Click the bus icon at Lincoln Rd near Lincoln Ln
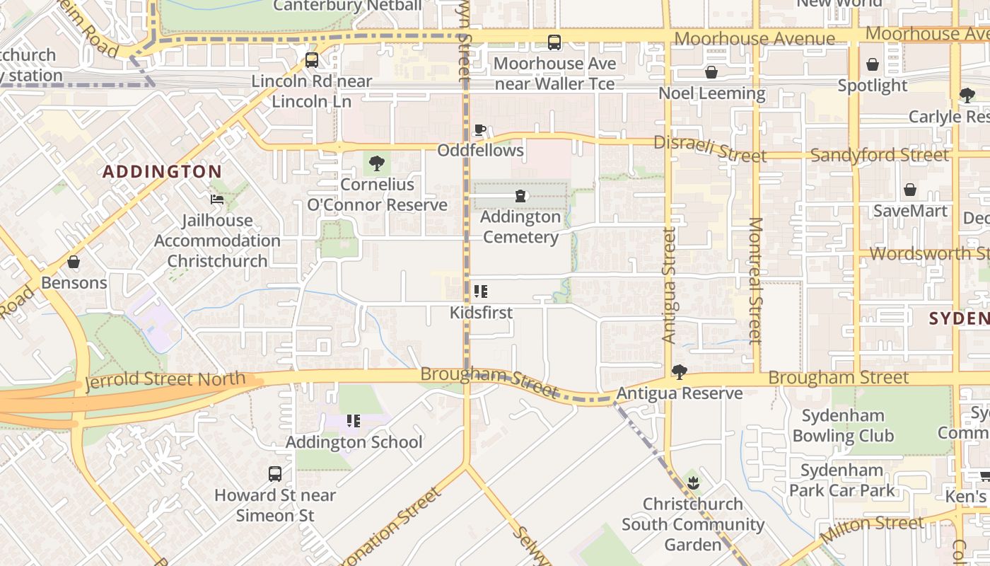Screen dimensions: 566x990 tap(312, 60)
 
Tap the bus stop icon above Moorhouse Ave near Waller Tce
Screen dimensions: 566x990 tap(554, 42)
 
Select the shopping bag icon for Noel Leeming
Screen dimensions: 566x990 tap(711, 72)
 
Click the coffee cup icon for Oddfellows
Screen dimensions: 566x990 tap(480, 129)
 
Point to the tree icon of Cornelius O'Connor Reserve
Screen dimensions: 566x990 tap(377, 163)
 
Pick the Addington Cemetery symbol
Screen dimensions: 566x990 tap(520, 196)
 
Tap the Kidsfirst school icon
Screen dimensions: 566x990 tap(481, 291)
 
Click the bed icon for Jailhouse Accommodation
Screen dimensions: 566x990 tap(217, 200)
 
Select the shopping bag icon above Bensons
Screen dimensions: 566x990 tap(74, 262)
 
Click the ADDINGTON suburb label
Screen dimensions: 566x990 tap(163, 171)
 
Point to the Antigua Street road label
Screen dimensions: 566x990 tap(670, 285)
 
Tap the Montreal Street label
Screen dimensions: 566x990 tap(755, 280)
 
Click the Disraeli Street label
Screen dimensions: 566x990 tap(709, 148)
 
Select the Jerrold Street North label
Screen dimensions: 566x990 tap(165, 380)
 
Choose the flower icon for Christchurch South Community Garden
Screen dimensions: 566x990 tap(693, 483)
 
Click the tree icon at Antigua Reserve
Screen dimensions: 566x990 tap(679, 372)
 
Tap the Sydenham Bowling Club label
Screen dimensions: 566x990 tap(843, 425)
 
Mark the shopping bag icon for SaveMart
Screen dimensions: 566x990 tap(910, 190)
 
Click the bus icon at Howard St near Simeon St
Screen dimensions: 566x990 tap(275, 474)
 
